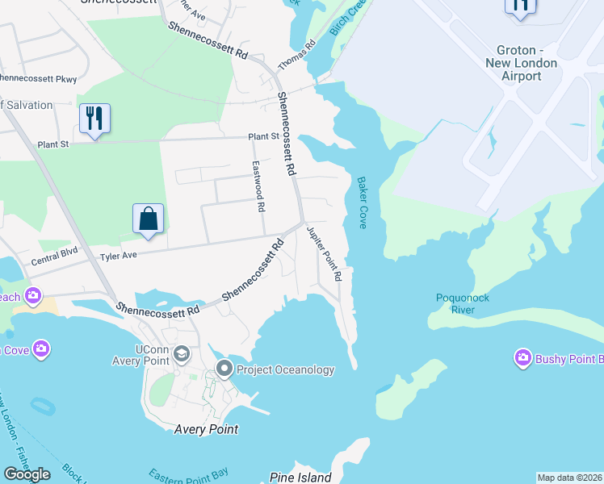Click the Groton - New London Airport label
coord(522,63)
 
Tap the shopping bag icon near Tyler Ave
coord(149,219)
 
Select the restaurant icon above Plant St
coord(95,119)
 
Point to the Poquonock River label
coord(463,303)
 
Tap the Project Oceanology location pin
coord(224,369)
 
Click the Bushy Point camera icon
coord(522,357)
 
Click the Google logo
coord(27,474)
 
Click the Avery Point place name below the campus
coord(207,429)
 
